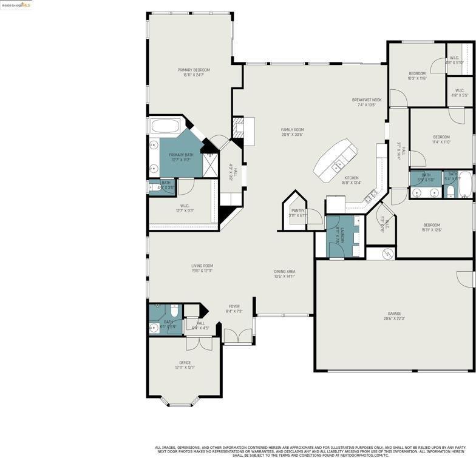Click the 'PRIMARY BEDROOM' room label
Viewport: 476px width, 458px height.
pyautogui.click(x=194, y=70)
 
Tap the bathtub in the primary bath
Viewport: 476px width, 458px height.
pyautogui.click(x=165, y=127)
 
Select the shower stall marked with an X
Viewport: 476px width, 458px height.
pyautogui.click(x=211, y=163)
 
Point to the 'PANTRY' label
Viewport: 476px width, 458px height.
pyautogui.click(x=297, y=211)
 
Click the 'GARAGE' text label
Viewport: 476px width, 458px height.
pyautogui.click(x=394, y=314)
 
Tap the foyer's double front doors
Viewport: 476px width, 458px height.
pyautogui.click(x=238, y=336)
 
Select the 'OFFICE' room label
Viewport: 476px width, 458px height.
pyautogui.click(x=185, y=363)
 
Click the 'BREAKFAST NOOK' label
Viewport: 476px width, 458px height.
pyautogui.click(x=367, y=100)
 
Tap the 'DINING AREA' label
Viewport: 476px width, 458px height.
pyautogui.click(x=284, y=272)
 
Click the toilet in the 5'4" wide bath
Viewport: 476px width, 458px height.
pyautogui.click(x=450, y=192)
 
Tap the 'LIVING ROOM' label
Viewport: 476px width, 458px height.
pyautogui.click(x=202, y=266)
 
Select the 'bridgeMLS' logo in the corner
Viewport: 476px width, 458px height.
pyautogui.click(x=16, y=5)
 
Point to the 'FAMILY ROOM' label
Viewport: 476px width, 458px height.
pyautogui.click(x=292, y=130)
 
